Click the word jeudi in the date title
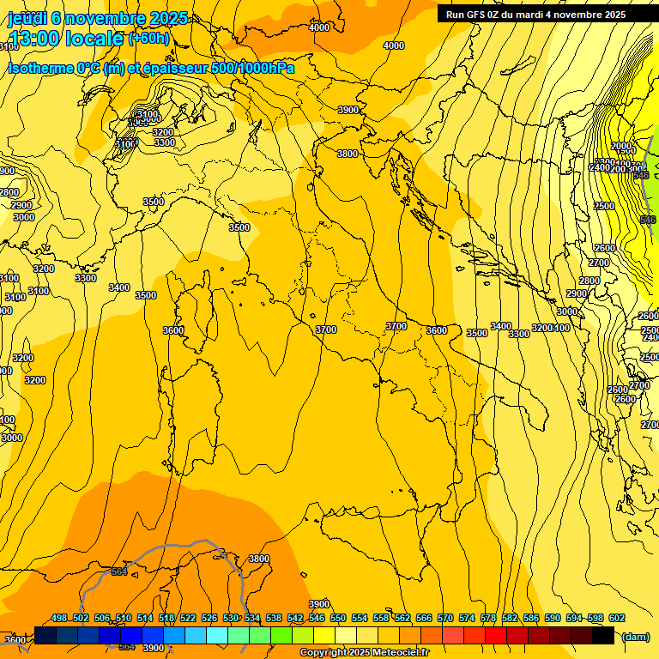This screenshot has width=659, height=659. click(26, 18)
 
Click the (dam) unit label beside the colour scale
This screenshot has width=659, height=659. click(635, 636)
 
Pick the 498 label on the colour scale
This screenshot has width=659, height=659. click(59, 618)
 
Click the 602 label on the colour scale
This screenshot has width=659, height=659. click(617, 618)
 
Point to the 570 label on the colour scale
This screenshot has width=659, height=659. click(445, 618)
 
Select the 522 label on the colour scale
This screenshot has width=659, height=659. click(188, 618)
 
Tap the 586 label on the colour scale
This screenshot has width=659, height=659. click(531, 618)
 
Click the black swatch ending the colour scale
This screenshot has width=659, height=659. click(603, 635)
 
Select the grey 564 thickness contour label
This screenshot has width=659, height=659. click(119, 571)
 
